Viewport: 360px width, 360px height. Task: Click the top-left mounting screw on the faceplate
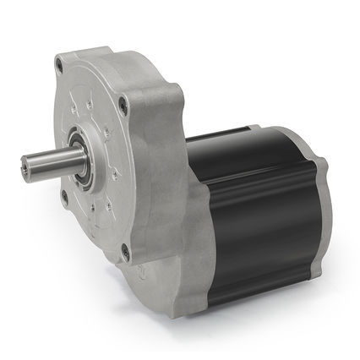61,63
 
